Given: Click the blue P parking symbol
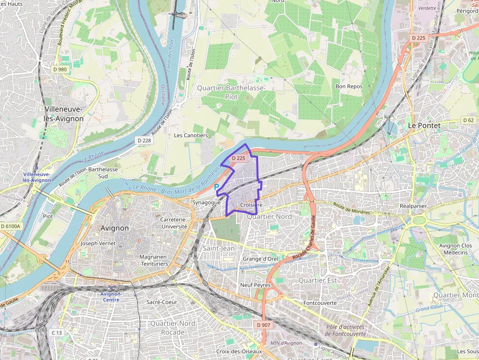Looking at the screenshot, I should coord(216,187).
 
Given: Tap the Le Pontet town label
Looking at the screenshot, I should coord(424,126).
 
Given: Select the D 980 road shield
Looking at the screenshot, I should coord(60,69).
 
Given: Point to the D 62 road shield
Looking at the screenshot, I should coord(468,120).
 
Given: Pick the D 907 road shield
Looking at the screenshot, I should coord(263,324).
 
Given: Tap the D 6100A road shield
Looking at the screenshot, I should coord(10,227).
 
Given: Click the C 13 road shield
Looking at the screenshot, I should coord(57,333).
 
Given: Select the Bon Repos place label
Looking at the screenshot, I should coord(349,86).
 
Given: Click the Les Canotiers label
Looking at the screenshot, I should coord(191,135).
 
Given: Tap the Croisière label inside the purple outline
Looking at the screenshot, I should coord(252,205).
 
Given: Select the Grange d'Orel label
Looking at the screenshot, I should coord(260,259).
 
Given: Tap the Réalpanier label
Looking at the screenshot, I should coord(413,206).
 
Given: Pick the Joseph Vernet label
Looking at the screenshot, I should coord(98,243).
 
